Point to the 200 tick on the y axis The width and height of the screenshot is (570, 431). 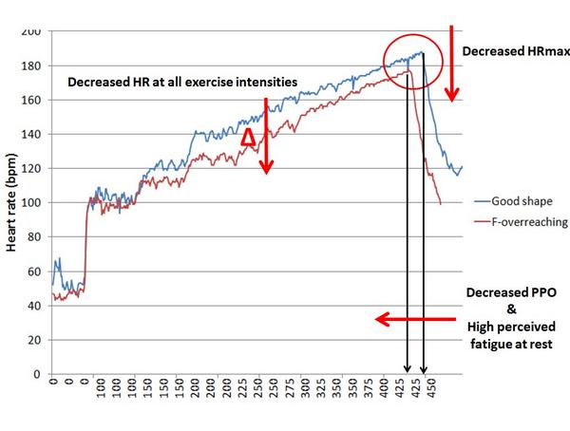(31, 31)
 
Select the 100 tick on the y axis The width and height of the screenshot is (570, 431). (31, 202)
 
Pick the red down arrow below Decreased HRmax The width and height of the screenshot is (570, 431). (453, 62)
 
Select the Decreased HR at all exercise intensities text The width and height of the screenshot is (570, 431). (183, 83)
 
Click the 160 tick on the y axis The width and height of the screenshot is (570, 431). (31, 100)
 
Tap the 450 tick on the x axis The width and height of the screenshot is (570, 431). (431, 390)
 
